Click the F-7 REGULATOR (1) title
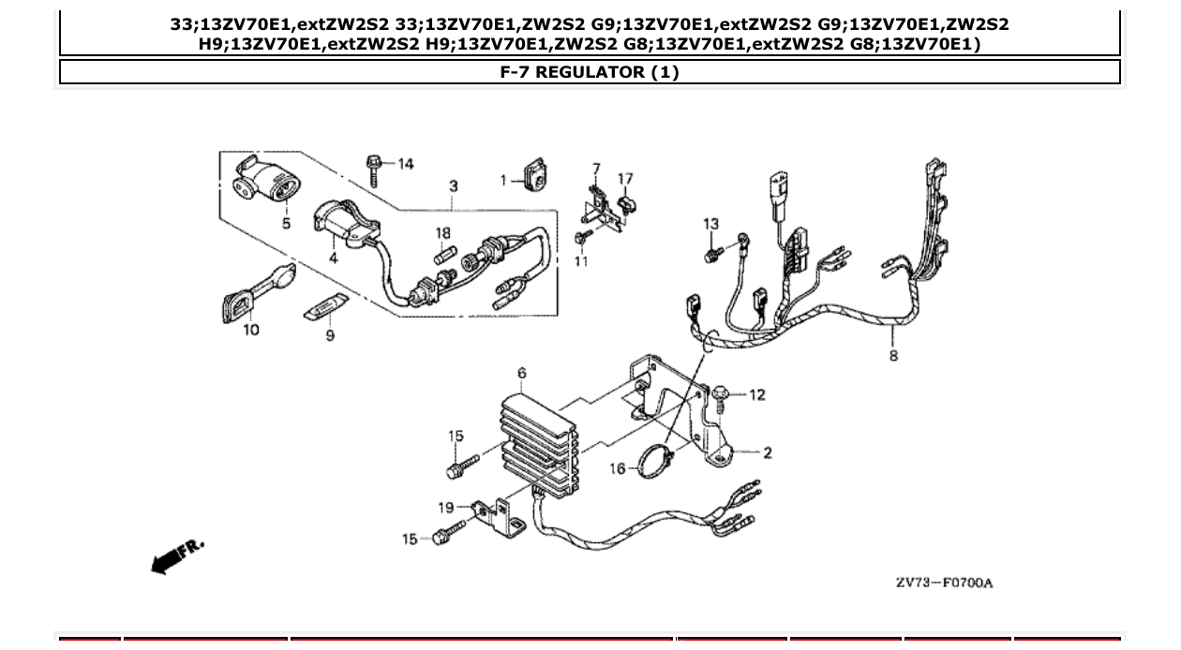click(x=590, y=72)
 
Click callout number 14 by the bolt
click(x=405, y=164)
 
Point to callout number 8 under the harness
click(x=893, y=355)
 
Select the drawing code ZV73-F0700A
click(x=943, y=583)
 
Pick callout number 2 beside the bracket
click(x=767, y=453)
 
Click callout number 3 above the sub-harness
click(x=454, y=186)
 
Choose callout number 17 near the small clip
click(x=625, y=179)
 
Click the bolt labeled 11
click(x=582, y=240)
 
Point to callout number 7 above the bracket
click(x=595, y=169)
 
